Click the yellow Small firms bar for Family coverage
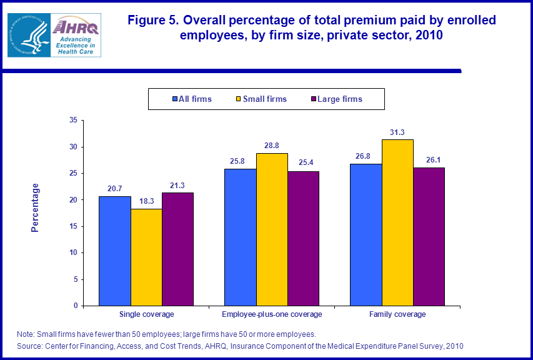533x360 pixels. (x=397, y=222)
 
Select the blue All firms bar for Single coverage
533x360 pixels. (x=115, y=251)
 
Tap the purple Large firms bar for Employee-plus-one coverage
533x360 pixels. (x=303, y=238)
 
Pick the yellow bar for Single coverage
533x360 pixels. (x=146, y=257)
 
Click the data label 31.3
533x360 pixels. (x=397, y=132)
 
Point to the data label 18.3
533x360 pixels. (x=146, y=202)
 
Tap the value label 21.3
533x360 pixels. (x=177, y=186)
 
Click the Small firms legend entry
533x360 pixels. (x=261, y=99)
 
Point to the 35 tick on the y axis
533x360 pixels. (x=73, y=120)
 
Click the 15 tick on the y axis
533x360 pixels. (x=73, y=226)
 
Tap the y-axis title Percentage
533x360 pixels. (x=35, y=207)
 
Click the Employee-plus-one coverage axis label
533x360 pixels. (x=272, y=314)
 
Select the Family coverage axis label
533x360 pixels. (x=397, y=314)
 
